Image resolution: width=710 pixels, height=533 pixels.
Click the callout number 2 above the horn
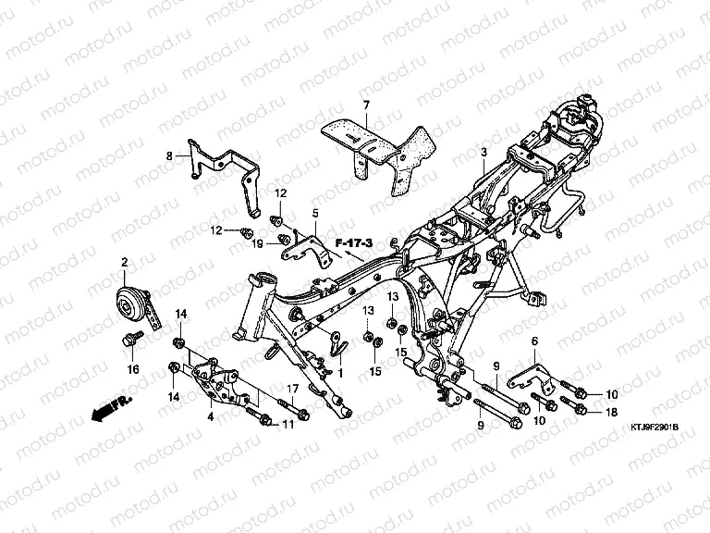click(x=124, y=263)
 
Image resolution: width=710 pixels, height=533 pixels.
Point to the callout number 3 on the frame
click(x=483, y=151)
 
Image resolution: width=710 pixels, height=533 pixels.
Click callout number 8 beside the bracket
click(x=169, y=156)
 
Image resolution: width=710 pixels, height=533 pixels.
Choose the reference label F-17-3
click(x=355, y=242)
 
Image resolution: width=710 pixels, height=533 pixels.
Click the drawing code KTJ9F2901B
click(x=655, y=428)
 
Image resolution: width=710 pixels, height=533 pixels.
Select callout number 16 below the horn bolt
click(x=133, y=368)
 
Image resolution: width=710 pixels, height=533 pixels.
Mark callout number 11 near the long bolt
click(x=288, y=425)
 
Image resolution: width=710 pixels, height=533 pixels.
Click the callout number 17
click(x=293, y=389)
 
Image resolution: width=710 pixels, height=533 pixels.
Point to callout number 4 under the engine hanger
click(x=211, y=417)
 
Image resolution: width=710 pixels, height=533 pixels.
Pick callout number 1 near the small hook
click(x=339, y=371)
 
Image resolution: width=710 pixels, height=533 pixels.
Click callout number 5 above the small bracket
click(x=314, y=213)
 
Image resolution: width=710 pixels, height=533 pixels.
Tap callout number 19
click(x=260, y=243)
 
